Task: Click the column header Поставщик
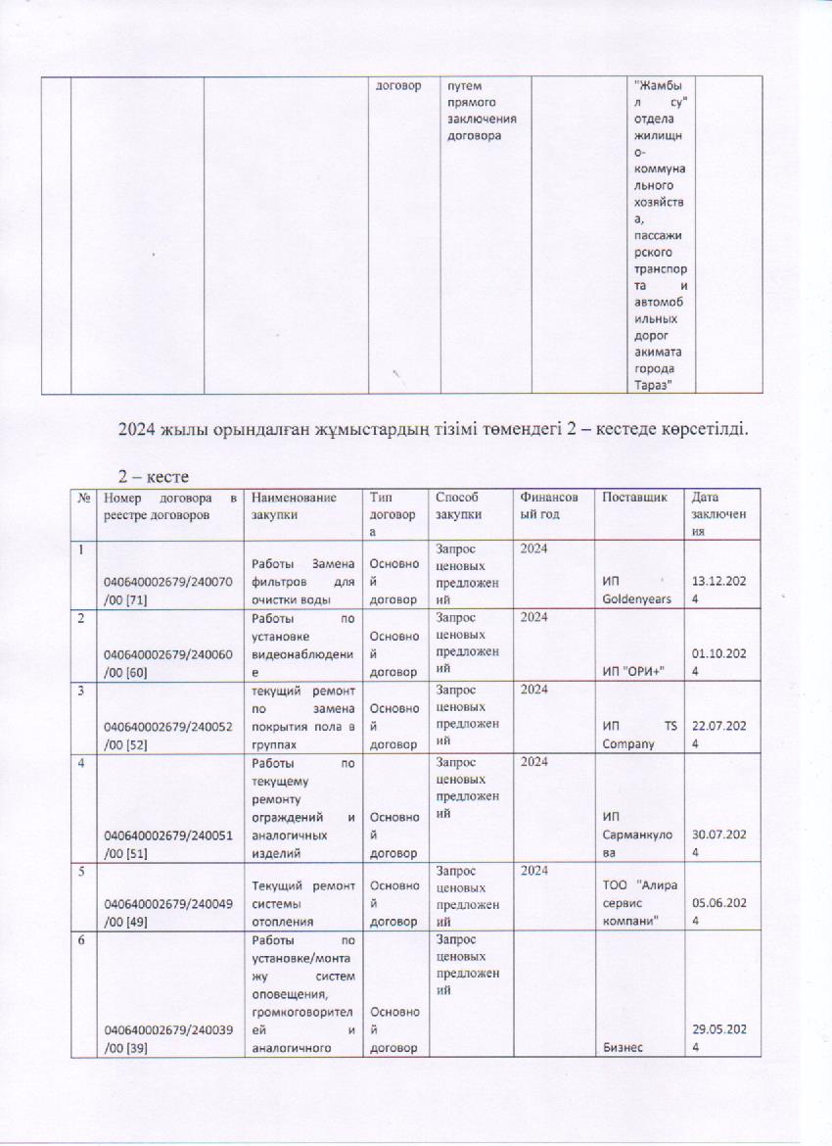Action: point(625,497)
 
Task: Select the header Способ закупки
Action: point(458,504)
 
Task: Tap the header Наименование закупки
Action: point(290,504)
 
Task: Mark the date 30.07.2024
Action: point(717,843)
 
